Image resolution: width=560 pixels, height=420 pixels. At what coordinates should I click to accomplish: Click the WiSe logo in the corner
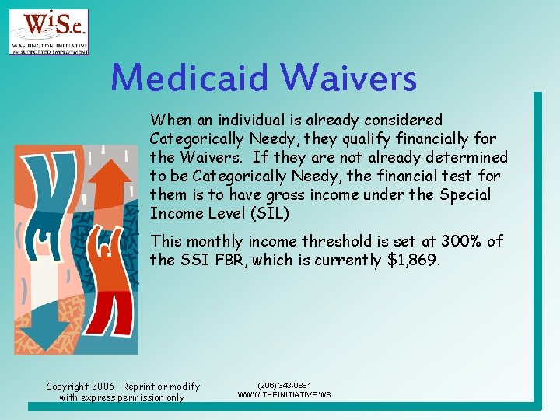point(49,32)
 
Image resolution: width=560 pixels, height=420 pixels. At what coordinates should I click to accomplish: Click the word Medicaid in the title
point(190,79)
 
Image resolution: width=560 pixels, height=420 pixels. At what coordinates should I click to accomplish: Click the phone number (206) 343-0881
point(284,386)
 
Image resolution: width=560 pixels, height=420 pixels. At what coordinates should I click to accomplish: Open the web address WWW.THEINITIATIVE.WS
point(284,395)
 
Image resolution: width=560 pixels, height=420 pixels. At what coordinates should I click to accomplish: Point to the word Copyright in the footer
point(67,387)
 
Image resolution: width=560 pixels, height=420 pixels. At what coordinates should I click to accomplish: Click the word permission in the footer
point(140,397)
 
